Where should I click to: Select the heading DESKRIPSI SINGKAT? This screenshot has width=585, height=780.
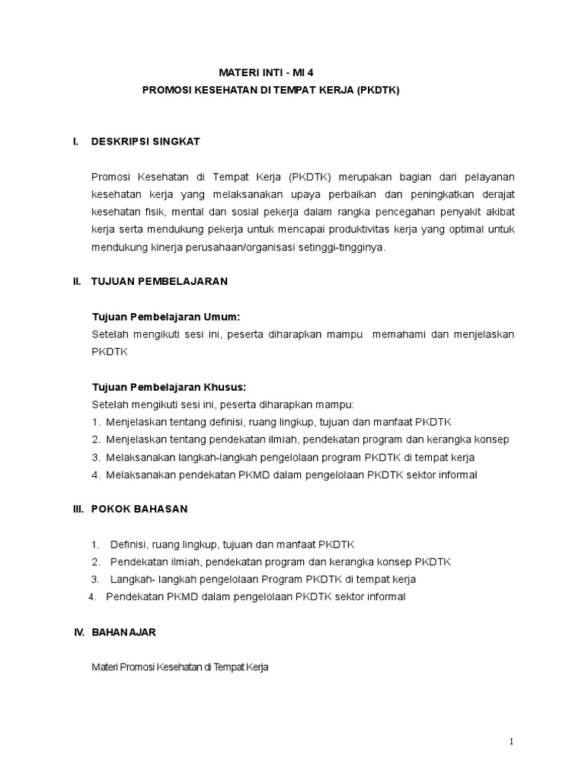pyautogui.click(x=145, y=142)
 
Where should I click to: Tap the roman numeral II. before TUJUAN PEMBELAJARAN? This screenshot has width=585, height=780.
pyautogui.click(x=76, y=281)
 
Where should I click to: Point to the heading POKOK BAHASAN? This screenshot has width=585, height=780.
pyautogui.click(x=139, y=508)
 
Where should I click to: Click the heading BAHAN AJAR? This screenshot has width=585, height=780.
pyautogui.click(x=124, y=632)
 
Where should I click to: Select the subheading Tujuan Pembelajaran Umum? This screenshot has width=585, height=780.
pyautogui.click(x=165, y=316)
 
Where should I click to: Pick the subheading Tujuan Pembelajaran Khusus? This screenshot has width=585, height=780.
pyautogui.click(x=169, y=386)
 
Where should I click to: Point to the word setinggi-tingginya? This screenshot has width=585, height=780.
pyautogui.click(x=343, y=247)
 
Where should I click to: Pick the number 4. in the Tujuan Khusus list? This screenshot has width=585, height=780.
pyautogui.click(x=96, y=475)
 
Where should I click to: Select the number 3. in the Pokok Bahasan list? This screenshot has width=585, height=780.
pyautogui.click(x=95, y=579)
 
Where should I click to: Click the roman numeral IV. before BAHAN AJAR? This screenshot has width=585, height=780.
pyautogui.click(x=77, y=632)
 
